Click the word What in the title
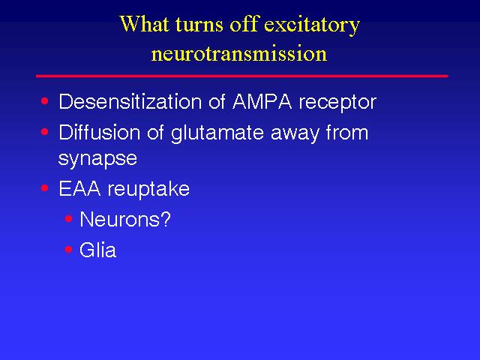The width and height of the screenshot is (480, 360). pos(144,24)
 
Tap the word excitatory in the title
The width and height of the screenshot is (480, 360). pos(312,25)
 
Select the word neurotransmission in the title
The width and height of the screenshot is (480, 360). pos(239,53)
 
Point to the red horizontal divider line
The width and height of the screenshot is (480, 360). pos(241,76)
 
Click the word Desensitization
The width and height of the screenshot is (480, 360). pos(130,101)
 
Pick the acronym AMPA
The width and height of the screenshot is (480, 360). pos(262,101)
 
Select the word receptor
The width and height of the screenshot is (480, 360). pos(337,103)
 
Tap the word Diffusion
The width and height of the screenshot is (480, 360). pos(100,132)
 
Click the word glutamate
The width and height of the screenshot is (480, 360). pos(217,134)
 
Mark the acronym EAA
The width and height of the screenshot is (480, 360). pos(79,188)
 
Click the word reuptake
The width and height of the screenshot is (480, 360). pos(148,190)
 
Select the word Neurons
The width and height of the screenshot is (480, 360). pos(120,219)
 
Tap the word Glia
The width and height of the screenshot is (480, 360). pos(98,250)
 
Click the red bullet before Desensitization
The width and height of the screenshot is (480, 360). pos(45,101)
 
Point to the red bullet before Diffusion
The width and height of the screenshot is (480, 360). pos(45,132)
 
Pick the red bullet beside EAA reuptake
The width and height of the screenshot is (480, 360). pos(45,187)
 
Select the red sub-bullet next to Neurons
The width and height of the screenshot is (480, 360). pos(68,218)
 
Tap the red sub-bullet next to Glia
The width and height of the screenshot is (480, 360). pos(68,250)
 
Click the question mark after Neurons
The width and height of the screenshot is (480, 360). pos(166,219)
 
